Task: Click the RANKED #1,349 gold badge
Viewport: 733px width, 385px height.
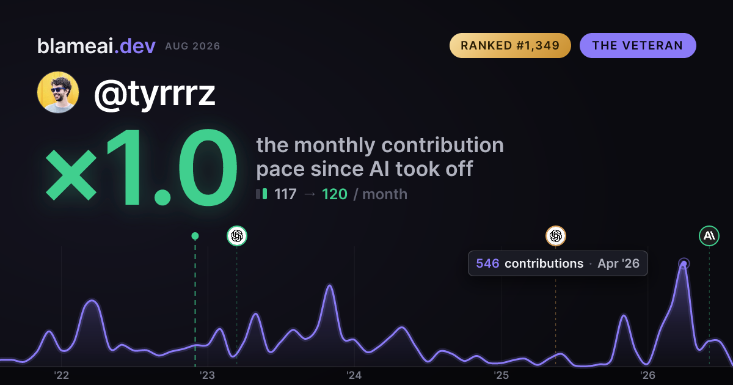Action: (510, 45)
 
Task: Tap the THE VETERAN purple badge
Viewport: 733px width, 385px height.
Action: (638, 45)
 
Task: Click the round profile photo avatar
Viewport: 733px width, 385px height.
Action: (58, 92)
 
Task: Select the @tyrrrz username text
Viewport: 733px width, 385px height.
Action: (155, 94)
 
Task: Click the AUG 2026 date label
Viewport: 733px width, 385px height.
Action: (192, 46)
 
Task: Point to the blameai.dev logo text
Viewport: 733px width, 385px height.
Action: (97, 46)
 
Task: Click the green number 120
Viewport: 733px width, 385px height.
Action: (335, 194)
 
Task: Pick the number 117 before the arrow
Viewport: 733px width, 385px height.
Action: (285, 194)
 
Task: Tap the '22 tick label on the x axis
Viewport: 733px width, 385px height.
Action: (61, 375)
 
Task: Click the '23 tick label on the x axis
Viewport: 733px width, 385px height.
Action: (208, 375)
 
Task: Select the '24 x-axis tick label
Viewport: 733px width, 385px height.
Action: (354, 375)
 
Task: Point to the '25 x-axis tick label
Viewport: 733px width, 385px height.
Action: (501, 375)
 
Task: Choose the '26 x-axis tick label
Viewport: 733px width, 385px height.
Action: (647, 375)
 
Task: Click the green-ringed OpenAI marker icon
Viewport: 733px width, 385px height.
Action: (237, 236)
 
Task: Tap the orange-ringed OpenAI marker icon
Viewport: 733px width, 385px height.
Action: (556, 236)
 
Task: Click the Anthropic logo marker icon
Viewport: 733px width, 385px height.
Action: (709, 236)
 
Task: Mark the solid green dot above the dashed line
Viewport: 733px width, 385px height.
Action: (195, 236)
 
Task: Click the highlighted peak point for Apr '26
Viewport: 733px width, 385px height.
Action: (684, 263)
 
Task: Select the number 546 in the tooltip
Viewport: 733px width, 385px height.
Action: (487, 263)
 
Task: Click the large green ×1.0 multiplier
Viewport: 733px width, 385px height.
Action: (141, 167)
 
